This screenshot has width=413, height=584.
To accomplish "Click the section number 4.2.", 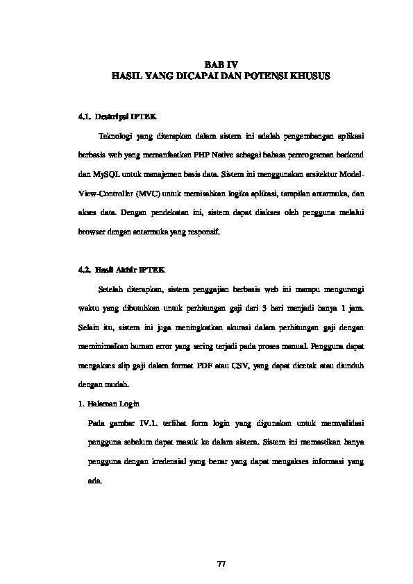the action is click(86, 268).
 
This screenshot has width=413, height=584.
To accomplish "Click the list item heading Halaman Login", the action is click(115, 404).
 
